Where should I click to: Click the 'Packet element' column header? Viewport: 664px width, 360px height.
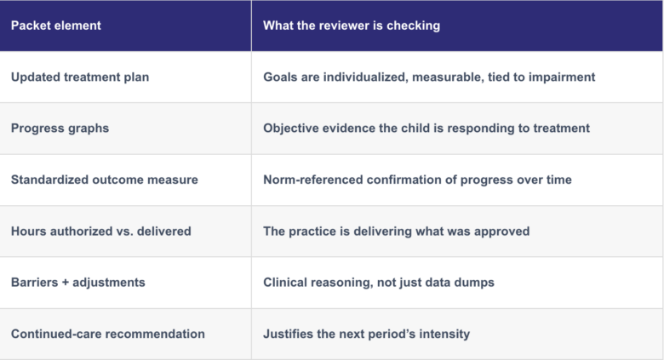(x=56, y=26)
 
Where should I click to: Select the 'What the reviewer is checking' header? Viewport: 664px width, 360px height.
(x=352, y=26)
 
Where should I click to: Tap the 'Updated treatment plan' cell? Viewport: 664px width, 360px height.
(x=80, y=77)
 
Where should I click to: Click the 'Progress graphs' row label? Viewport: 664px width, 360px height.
(x=60, y=129)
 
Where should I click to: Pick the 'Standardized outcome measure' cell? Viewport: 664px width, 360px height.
(x=104, y=180)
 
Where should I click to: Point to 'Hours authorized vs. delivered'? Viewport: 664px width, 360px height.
(x=100, y=231)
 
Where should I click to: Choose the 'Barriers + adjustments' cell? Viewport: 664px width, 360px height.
(x=78, y=283)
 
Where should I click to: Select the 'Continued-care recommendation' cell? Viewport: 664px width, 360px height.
(x=108, y=334)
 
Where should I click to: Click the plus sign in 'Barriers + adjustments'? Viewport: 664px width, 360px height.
(x=66, y=283)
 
